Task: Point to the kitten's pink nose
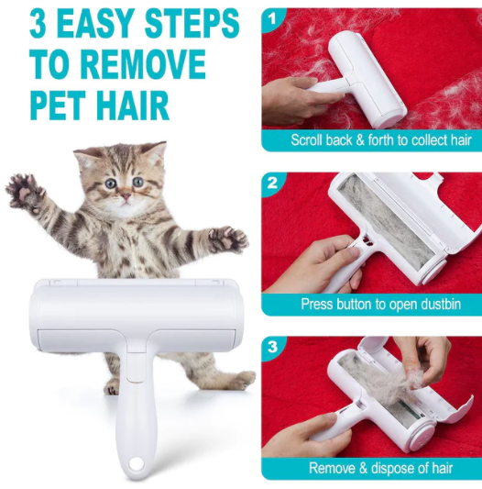pyautogui.click(x=126, y=196)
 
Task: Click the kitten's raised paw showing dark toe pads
pyautogui.click(x=25, y=193)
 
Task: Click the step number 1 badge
pyautogui.click(x=273, y=19)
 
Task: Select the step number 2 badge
pyautogui.click(x=273, y=183)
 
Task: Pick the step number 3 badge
pyautogui.click(x=273, y=347)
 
